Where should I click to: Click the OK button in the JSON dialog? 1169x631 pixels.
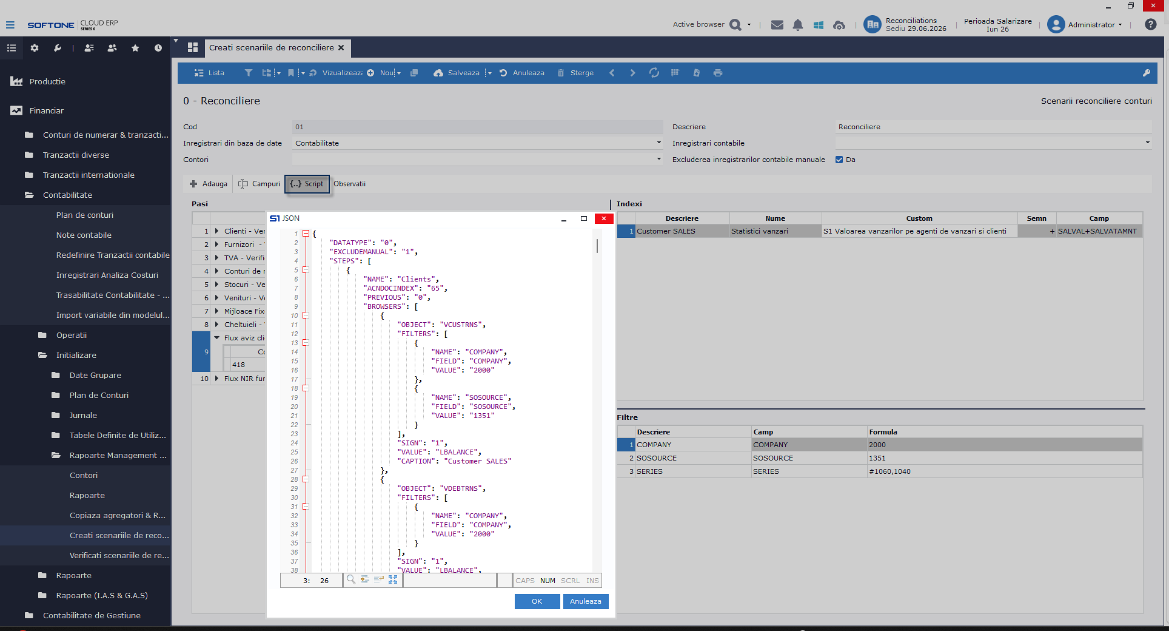(x=537, y=601)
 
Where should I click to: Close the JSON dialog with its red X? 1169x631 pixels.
(x=604, y=218)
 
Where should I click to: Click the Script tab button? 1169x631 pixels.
(x=307, y=184)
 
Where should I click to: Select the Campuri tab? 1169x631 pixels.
(x=260, y=184)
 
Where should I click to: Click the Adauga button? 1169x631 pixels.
(x=209, y=184)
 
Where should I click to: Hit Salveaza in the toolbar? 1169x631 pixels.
(x=457, y=73)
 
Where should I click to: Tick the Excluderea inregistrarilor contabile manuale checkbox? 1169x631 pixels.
(x=839, y=160)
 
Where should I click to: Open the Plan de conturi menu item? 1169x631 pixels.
(x=85, y=215)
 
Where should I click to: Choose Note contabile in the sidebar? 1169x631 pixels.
(x=84, y=235)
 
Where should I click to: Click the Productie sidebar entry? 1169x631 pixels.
(x=47, y=81)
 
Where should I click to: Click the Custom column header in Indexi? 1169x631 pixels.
(x=919, y=218)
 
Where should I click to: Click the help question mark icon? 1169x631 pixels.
(x=1150, y=24)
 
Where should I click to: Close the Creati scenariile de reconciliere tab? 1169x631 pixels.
(x=341, y=47)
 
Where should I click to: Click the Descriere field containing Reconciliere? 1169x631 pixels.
(x=993, y=127)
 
